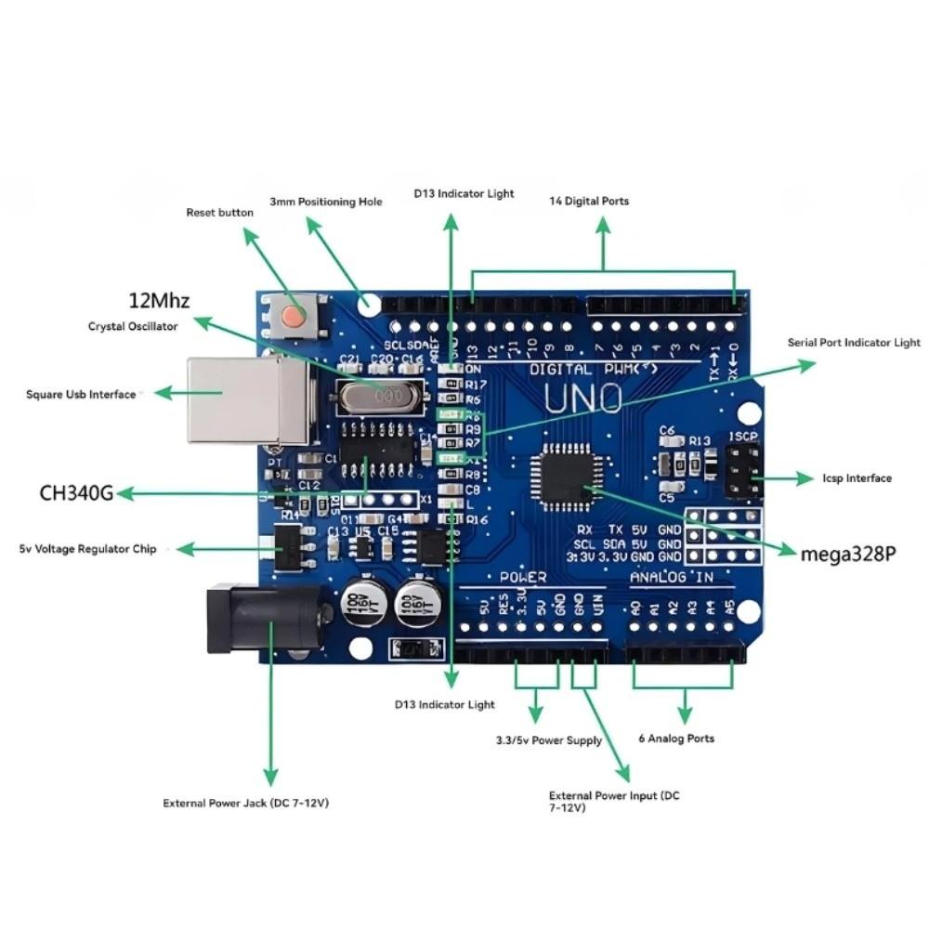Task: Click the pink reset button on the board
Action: [294, 316]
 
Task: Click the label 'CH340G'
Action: [76, 492]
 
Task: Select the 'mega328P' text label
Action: [848, 555]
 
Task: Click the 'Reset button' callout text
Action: [219, 213]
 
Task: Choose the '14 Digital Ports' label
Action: [589, 201]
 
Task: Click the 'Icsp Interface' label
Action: [857, 478]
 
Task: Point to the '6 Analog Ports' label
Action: [676, 739]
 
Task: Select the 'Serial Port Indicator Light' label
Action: [854, 343]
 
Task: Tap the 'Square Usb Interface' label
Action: [81, 395]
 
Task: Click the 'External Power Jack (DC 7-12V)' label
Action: [245, 803]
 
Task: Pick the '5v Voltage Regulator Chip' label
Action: [88, 549]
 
